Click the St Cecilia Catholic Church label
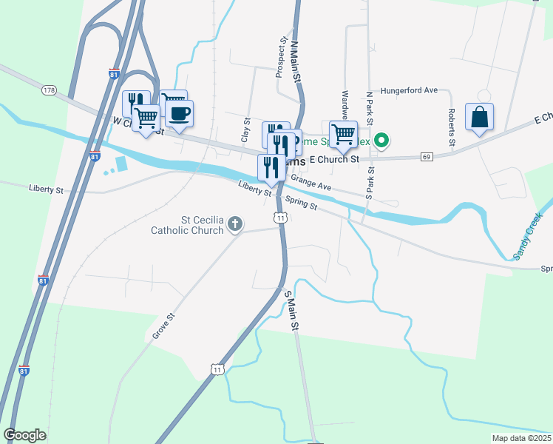[187, 225]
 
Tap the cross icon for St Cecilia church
[235, 223]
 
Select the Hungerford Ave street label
[410, 90]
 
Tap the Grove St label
[163, 326]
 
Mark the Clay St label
[245, 129]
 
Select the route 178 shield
[50, 90]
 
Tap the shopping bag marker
[479, 118]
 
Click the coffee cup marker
[180, 114]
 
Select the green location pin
[381, 139]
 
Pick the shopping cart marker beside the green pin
[343, 135]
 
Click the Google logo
[24, 435]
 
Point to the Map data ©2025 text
[521, 438]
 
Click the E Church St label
[334, 159]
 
